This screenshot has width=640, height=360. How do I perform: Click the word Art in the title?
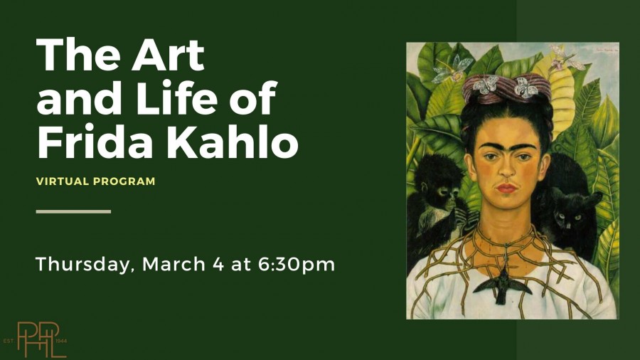tap(168, 55)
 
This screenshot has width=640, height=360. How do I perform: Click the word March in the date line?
tap(174, 264)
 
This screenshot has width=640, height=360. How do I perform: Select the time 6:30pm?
tap(297, 265)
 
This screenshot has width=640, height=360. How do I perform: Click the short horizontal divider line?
tap(73, 211)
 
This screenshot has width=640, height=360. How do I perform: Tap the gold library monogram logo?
tap(41, 339)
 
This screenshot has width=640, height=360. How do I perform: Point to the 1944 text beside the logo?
tap(61, 340)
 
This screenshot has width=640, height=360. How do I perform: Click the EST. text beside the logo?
tap(9, 340)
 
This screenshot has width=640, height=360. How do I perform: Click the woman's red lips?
tap(506, 188)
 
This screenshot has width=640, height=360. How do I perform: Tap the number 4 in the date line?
tap(218, 264)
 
